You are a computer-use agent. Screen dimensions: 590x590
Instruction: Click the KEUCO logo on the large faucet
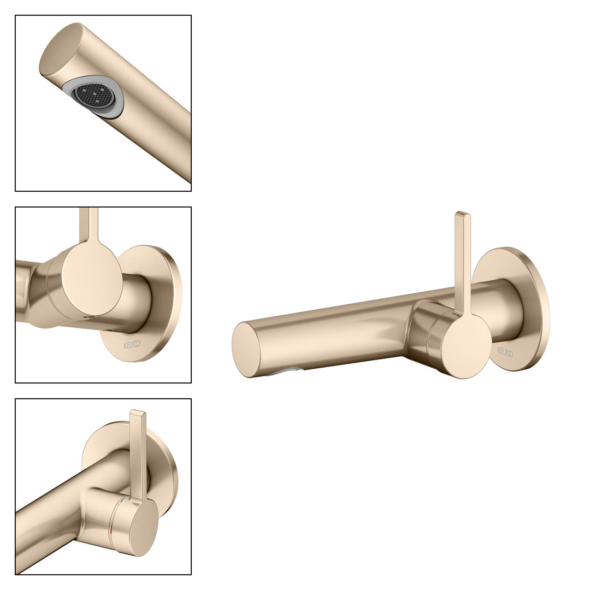(x=505, y=352)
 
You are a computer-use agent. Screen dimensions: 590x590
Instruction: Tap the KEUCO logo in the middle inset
(x=132, y=344)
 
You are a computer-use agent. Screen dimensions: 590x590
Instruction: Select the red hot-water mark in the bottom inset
(x=111, y=530)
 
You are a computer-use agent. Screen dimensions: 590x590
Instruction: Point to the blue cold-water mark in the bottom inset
(x=120, y=503)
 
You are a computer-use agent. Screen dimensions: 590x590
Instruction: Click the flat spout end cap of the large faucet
(x=246, y=350)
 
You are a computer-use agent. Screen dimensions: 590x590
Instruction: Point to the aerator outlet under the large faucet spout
(x=285, y=372)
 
